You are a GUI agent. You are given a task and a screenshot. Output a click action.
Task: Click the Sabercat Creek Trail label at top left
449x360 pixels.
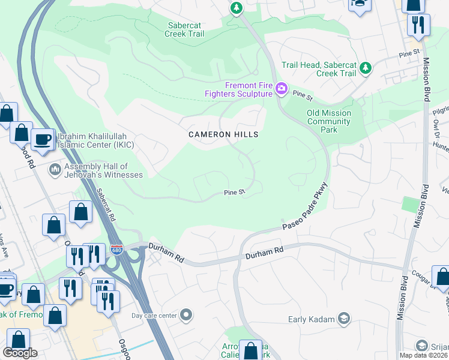(184, 29)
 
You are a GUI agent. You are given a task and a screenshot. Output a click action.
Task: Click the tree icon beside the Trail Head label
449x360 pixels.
(365, 69)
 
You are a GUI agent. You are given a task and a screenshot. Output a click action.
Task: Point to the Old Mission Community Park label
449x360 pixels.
(328, 121)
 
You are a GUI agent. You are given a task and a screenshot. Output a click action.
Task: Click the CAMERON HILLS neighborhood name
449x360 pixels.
(224, 134)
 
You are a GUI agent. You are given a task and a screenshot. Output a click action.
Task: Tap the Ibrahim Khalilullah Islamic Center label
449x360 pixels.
(95, 140)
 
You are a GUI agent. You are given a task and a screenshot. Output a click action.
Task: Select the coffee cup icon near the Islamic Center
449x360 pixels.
(41, 139)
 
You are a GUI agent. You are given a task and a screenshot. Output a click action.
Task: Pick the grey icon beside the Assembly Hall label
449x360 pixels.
(56, 170)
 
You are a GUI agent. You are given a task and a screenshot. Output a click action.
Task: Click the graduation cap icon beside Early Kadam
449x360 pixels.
(344, 318)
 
